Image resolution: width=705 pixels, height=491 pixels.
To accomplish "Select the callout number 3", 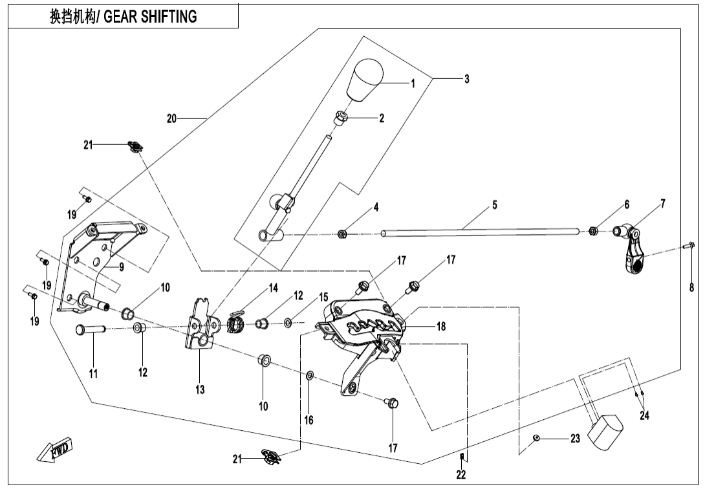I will [466, 79].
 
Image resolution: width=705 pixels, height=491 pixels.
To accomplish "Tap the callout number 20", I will [171, 118].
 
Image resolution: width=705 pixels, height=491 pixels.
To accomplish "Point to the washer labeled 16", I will [309, 375].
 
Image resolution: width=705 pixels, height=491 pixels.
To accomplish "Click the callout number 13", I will [200, 389].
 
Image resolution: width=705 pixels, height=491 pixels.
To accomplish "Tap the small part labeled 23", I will [536, 439].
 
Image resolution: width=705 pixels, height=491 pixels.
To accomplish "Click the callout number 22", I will [461, 474].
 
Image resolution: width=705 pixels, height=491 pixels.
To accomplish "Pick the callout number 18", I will [440, 327].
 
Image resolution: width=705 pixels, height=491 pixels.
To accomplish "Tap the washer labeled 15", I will [287, 321].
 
